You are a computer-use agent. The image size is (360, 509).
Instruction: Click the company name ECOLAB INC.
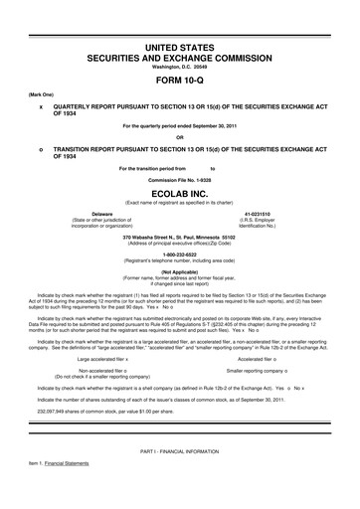click(179, 195)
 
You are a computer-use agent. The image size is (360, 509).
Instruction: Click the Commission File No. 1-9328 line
click(179, 180)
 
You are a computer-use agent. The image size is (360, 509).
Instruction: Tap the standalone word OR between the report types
click(179, 137)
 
